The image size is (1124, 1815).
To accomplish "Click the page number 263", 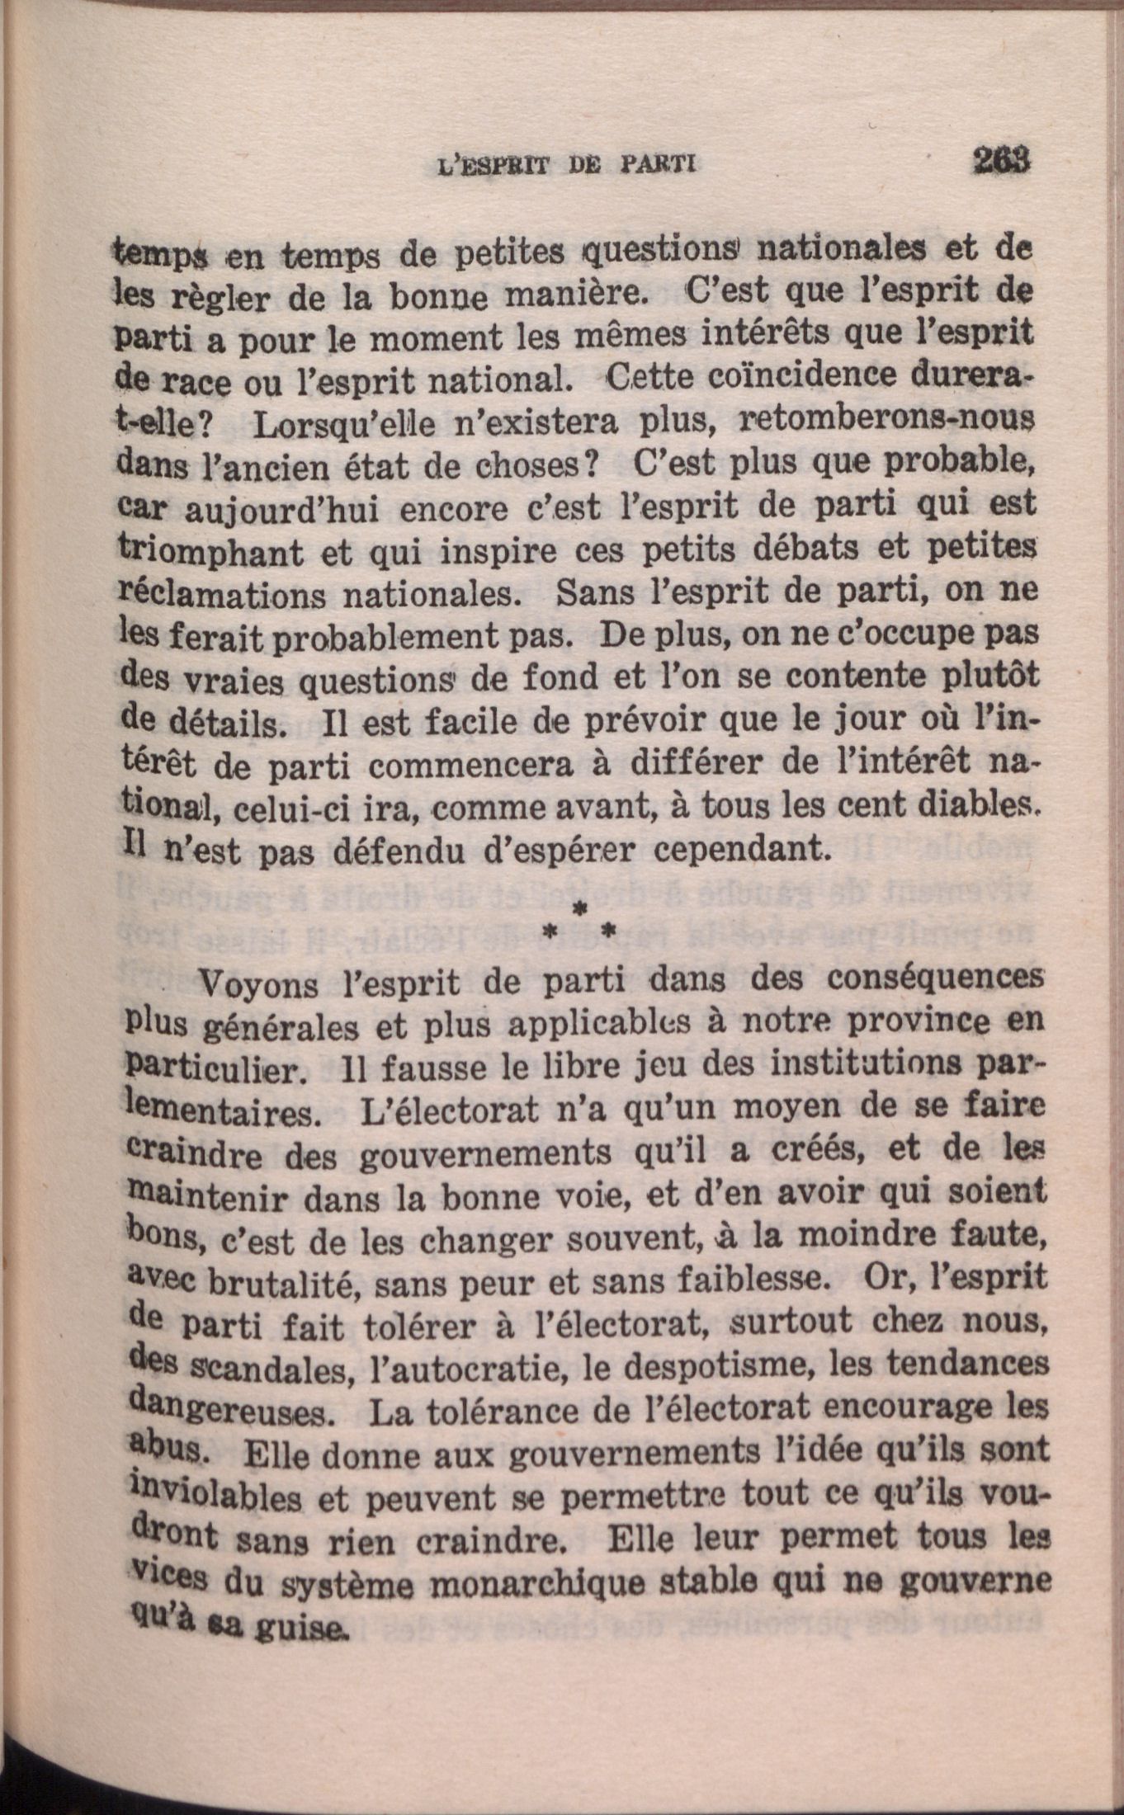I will [x=1003, y=159].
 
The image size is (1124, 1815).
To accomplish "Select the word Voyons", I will [x=259, y=985].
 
